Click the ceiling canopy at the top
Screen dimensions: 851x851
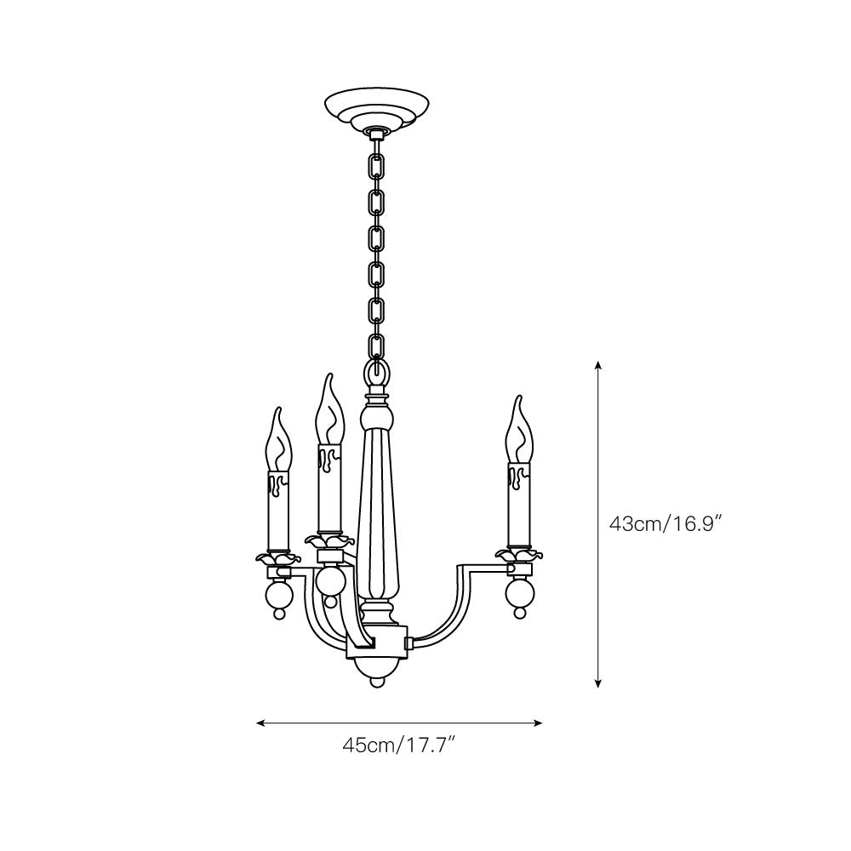click(x=377, y=109)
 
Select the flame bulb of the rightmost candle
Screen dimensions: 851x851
click(x=519, y=431)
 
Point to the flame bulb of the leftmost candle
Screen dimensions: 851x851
click(x=278, y=441)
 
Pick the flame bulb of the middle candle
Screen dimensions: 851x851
click(x=329, y=410)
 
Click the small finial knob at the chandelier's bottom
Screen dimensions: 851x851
click(x=377, y=682)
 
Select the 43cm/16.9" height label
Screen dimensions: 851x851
click(x=666, y=523)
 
